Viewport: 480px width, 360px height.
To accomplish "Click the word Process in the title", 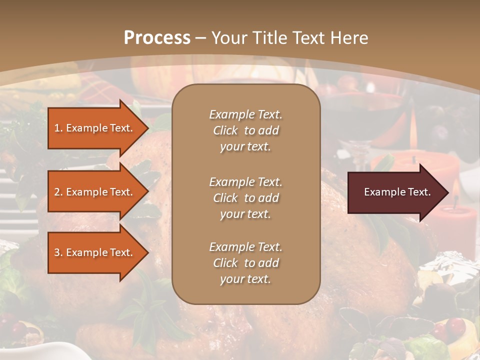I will (x=157, y=38).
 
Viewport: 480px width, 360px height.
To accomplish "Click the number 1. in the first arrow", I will (x=58, y=128).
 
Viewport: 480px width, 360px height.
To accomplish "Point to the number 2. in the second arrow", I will (x=58, y=192).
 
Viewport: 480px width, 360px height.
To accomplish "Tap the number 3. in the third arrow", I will (x=58, y=252).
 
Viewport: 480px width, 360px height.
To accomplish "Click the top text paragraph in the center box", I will (x=245, y=130).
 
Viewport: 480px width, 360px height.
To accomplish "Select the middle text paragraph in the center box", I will (x=245, y=197).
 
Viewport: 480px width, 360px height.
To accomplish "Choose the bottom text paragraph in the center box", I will (x=245, y=263).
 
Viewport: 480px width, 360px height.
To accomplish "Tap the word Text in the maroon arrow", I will (x=419, y=192).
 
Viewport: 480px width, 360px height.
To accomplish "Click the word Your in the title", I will (x=227, y=38).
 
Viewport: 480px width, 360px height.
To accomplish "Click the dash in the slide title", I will (x=200, y=38).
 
